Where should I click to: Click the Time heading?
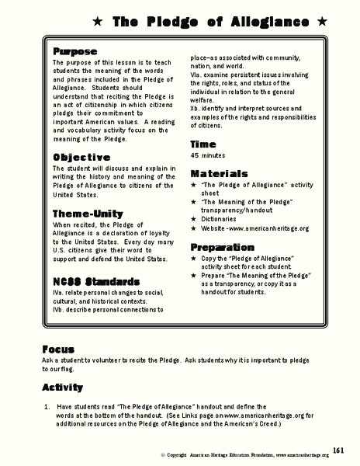tap(203, 144)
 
